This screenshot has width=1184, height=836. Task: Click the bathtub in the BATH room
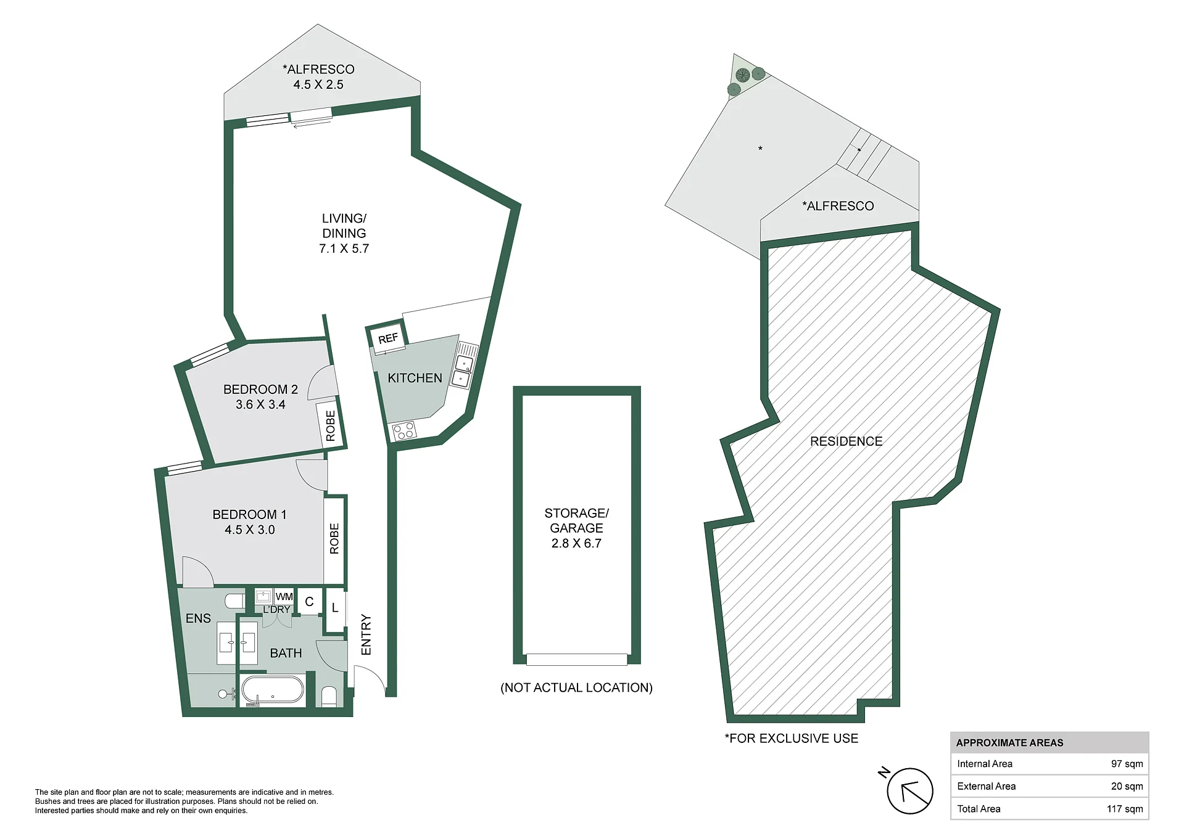point(272,691)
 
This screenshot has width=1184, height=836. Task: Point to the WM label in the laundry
point(284,597)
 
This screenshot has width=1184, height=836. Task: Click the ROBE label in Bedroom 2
point(331,426)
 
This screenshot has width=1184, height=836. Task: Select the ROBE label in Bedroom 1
point(334,538)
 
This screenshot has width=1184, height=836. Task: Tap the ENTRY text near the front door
point(366,634)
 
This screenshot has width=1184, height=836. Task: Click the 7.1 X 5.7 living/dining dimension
point(344,248)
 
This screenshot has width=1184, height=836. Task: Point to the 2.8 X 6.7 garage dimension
point(576,543)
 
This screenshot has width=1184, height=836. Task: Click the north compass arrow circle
point(910,791)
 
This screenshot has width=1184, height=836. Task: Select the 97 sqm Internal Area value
point(1127,764)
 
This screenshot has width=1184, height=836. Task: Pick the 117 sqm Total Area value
point(1125,809)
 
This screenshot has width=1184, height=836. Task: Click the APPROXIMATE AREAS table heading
point(1009,743)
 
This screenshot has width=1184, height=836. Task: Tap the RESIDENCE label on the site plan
point(846,441)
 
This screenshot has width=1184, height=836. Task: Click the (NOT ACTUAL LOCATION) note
point(576,687)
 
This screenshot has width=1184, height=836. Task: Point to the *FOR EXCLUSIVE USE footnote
point(791,739)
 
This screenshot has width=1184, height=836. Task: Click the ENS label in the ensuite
point(198,618)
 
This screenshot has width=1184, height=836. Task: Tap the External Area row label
point(986,786)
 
